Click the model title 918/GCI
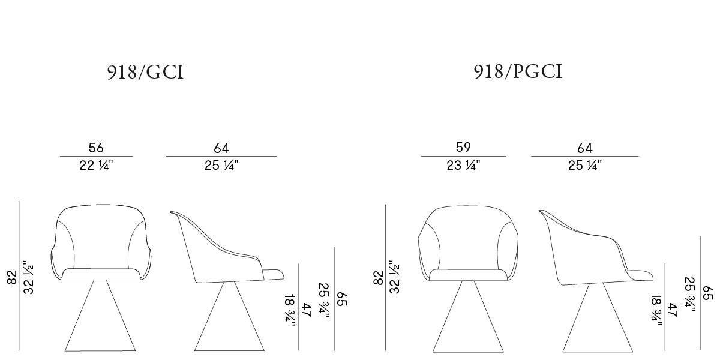(145, 72)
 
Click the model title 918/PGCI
(518, 71)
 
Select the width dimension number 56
(96, 148)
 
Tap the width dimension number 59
(463, 147)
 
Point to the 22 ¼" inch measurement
(96, 166)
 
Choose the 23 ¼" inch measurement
(463, 166)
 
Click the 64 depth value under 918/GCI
(221, 149)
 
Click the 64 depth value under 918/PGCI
(584, 149)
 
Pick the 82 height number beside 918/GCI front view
(11, 277)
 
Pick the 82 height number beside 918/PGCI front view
(379, 278)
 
